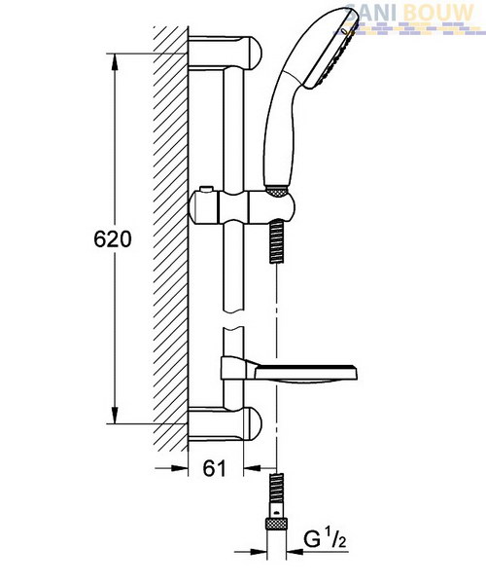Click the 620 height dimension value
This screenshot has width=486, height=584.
tap(113, 239)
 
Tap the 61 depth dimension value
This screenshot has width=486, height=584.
tap(215, 468)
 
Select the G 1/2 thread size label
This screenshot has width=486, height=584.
tap(325, 539)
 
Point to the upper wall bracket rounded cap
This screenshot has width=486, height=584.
tap(254, 52)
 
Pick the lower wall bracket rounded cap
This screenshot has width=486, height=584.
tap(254, 423)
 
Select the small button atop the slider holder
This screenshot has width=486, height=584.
tap(206, 189)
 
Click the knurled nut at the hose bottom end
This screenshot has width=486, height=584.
tap(277, 524)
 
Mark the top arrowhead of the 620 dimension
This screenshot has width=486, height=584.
tap(115, 62)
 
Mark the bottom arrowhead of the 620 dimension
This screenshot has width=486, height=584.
tap(115, 415)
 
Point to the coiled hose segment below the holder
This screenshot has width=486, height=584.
tap(277, 241)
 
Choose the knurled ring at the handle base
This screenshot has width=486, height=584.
tap(276, 191)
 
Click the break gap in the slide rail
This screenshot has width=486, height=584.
tap(233, 319)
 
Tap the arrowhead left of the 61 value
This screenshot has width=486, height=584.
tap(179, 468)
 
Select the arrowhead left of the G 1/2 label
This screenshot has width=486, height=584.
tap(259, 551)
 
